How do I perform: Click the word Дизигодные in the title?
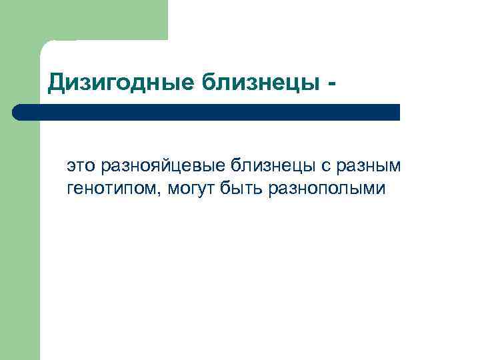(119, 83)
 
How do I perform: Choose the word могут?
(191, 189)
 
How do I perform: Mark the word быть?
(243, 189)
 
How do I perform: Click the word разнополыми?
(327, 189)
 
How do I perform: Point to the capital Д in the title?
(57, 83)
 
